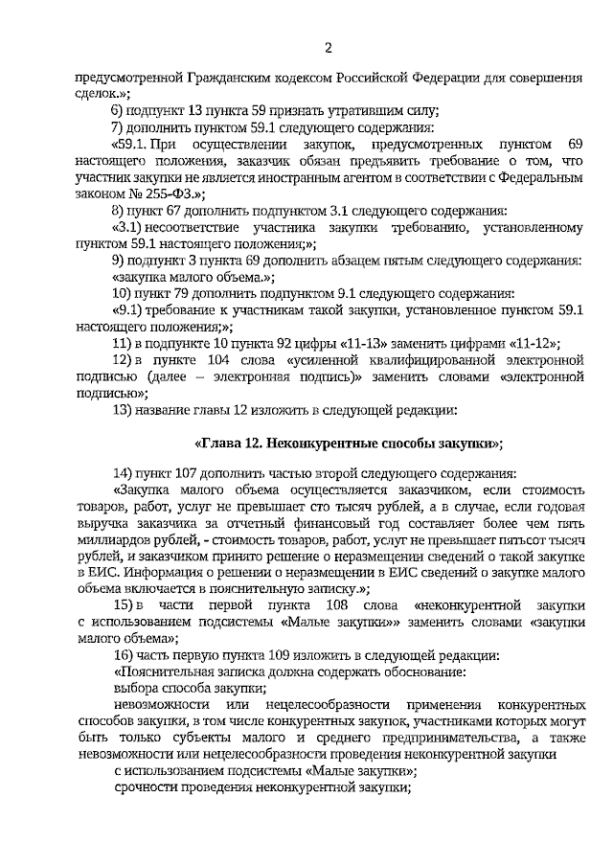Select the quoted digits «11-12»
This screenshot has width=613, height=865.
525,342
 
